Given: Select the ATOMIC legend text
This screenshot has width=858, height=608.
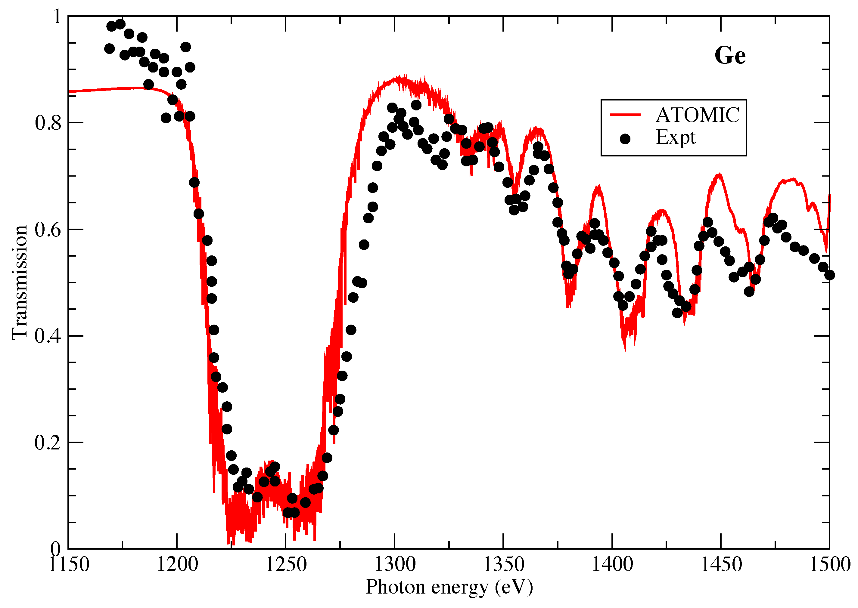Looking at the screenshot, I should coord(698,115).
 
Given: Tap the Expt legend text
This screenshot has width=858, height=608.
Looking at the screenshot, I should coord(676,137).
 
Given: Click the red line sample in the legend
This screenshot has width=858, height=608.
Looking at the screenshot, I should coord(625,115).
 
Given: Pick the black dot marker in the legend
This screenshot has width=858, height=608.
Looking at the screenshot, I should coord(625,139).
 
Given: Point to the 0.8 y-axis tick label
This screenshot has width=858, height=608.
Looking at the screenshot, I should coord(48,123).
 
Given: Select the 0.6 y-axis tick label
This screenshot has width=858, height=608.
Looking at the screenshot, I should coord(48,230).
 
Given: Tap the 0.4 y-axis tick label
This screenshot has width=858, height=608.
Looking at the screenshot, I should coord(48,336).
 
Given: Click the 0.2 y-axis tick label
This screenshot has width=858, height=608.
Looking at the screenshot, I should coord(48,443).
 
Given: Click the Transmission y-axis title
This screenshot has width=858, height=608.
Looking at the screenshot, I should coord(20,283).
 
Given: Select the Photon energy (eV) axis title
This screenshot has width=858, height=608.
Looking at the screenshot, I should coord(449,587).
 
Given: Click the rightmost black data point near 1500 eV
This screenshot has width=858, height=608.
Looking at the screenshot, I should coord(829,275).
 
